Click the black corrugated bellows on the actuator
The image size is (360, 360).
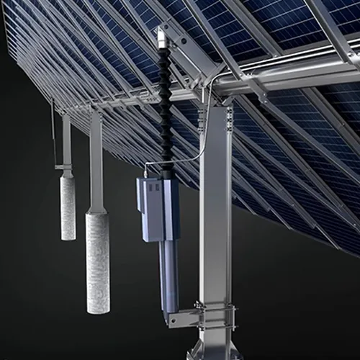click(166, 108)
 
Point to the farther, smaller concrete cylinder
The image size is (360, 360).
click(68, 207)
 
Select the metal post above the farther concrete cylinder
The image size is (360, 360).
click(66, 140)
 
